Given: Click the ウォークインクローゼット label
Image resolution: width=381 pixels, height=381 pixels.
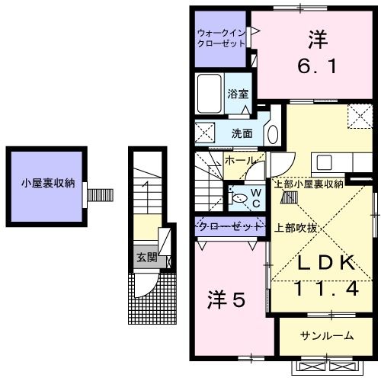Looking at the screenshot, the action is (221, 38).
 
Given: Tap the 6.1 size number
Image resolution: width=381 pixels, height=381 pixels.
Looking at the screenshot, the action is (318, 66).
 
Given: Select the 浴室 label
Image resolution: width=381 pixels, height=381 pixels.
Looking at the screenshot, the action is (238, 94).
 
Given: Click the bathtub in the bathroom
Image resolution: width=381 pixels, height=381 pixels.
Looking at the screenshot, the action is (210, 94).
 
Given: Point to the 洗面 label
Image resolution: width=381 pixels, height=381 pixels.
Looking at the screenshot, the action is (242, 133).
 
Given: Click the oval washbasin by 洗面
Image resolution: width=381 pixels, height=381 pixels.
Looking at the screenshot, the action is (273, 135).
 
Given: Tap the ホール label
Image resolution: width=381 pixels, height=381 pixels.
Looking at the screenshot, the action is (239, 161).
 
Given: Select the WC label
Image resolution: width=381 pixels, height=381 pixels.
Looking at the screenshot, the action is (256, 198).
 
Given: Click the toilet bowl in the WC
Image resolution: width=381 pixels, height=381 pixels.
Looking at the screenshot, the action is (239, 198).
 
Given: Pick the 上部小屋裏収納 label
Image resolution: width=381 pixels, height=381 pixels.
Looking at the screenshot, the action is (309, 184).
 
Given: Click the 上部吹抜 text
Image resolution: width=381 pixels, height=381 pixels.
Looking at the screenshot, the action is (296, 228).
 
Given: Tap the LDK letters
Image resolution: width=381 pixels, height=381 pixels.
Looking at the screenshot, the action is (326, 262).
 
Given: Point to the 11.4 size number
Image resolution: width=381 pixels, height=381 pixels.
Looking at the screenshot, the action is (327, 289).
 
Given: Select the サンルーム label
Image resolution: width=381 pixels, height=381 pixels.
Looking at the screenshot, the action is (327, 336).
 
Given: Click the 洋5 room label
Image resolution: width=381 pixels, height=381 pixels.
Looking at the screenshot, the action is (226, 299).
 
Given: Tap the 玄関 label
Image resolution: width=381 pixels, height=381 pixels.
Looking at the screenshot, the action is (147, 258).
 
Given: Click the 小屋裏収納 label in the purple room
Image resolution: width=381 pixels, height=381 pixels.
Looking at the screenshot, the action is (48, 183).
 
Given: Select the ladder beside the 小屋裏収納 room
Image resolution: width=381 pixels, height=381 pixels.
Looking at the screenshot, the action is (100, 195).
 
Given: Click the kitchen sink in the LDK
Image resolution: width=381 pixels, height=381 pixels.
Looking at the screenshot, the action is (324, 162).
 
